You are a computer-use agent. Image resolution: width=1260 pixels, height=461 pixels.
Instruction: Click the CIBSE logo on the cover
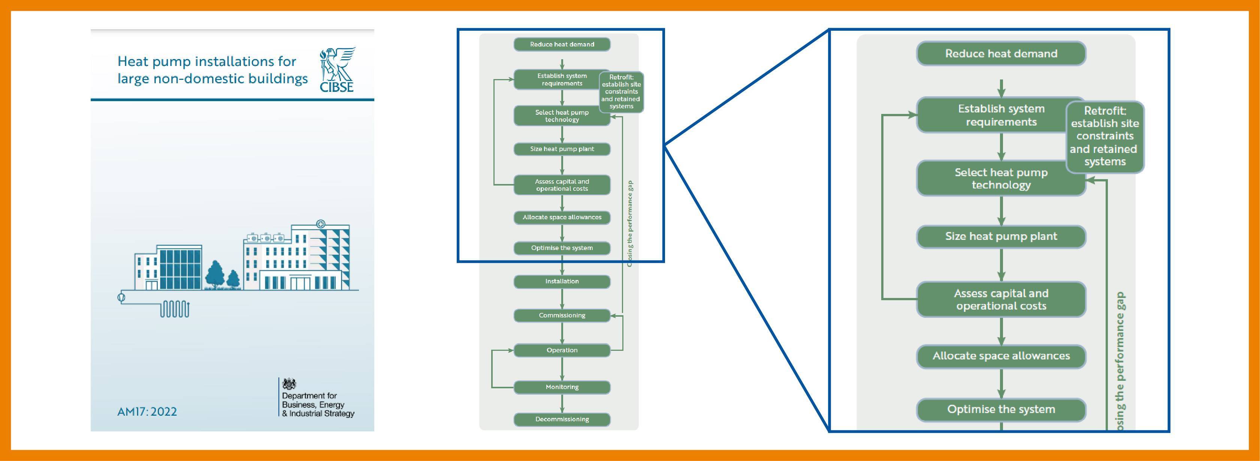pyautogui.click(x=337, y=70)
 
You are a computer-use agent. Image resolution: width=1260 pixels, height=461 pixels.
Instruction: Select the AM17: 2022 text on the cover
pyautogui.click(x=147, y=412)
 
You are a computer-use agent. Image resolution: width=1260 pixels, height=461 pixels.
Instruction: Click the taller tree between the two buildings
pyautogui.click(x=215, y=275)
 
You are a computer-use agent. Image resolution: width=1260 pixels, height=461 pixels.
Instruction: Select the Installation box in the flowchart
pyautogui.click(x=562, y=281)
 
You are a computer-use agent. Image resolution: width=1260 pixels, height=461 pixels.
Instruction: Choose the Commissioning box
pyautogui.click(x=562, y=316)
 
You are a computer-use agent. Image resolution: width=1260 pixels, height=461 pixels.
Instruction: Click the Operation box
pyautogui.click(x=562, y=350)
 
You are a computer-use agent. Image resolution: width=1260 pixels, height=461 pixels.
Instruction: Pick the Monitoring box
pyautogui.click(x=562, y=387)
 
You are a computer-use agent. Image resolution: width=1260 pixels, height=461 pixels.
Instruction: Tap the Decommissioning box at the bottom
pyautogui.click(x=562, y=419)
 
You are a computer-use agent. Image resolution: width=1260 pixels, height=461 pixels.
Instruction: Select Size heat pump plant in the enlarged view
pyautogui.click(x=1001, y=236)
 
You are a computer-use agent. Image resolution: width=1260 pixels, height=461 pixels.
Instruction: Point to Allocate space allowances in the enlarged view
pyautogui.click(x=1001, y=356)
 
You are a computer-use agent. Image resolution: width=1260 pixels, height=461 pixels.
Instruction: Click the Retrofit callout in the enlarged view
pyautogui.click(x=1105, y=136)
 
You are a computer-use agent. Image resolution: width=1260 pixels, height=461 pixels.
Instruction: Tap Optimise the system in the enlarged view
pyautogui.click(x=1001, y=410)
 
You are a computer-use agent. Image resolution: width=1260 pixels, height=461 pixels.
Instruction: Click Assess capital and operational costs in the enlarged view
pyautogui.click(x=1001, y=299)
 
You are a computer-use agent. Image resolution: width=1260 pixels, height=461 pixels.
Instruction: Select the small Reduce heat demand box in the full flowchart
pyautogui.click(x=562, y=45)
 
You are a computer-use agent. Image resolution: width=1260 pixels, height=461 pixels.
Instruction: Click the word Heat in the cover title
pyautogui.click(x=133, y=62)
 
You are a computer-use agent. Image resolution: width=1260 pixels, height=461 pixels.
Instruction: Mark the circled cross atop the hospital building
pyautogui.click(x=321, y=224)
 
